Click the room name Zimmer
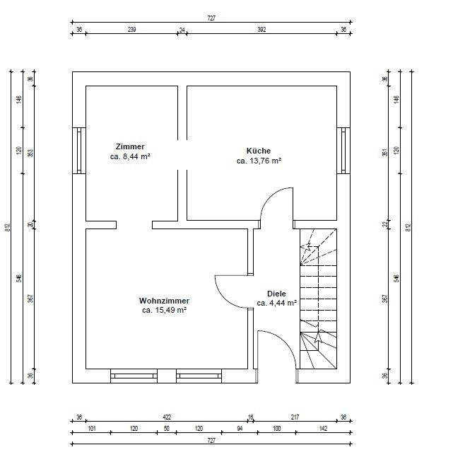point(130,146)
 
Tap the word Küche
point(259,151)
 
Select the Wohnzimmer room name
point(164,301)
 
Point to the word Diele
point(276,294)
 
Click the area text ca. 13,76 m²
point(259,161)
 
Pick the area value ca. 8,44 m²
point(130,156)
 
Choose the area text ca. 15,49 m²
point(164,310)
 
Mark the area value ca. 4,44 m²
point(276,303)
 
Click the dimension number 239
point(131,29)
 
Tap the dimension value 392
point(261,29)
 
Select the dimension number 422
point(167,417)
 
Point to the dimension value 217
point(295,417)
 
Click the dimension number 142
point(323,428)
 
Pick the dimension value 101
point(91,428)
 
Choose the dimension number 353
point(30,153)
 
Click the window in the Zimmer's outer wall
point(79,151)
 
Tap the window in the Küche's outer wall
point(343,151)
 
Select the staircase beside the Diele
point(318,299)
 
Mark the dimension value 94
point(240,428)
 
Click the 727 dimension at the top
point(211,18)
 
